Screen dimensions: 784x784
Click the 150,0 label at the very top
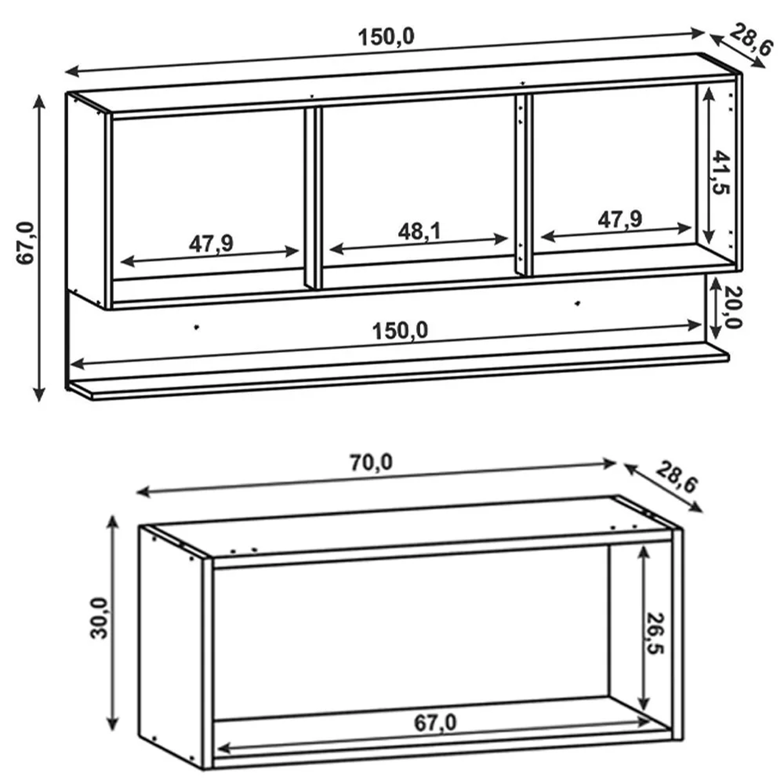tap(386, 38)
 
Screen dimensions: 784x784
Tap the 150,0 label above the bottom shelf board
tap(400, 331)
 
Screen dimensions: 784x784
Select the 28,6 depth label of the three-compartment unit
tap(750, 39)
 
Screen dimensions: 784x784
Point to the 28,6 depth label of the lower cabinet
tap(676, 477)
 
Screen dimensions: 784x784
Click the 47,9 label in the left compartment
tap(211, 244)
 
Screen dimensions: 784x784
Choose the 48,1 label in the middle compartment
tap(420, 231)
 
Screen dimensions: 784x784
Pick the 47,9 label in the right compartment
tap(620, 220)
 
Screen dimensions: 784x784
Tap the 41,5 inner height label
tap(721, 172)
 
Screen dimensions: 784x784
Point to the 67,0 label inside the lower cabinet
tap(435, 723)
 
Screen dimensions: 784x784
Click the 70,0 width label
tap(371, 463)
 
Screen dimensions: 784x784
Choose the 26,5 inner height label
tap(655, 633)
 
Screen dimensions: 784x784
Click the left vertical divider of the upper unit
tap(313, 199)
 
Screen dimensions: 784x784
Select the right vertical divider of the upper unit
tap(524, 186)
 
